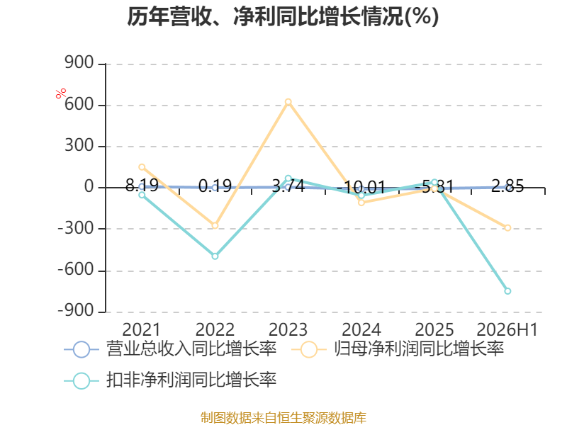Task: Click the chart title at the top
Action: click(x=283, y=17)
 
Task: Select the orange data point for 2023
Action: click(x=288, y=102)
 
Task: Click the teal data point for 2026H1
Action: click(x=507, y=291)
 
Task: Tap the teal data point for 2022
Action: click(x=215, y=256)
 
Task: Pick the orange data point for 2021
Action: click(x=142, y=167)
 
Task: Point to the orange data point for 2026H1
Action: click(x=507, y=228)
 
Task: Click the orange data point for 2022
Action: click(x=215, y=225)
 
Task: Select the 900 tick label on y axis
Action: click(x=79, y=63)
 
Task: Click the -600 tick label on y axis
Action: click(x=77, y=270)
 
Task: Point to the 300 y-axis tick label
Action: click(x=79, y=146)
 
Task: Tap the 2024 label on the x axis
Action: click(x=361, y=329)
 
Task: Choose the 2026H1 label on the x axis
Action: click(x=507, y=329)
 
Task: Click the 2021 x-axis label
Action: click(x=141, y=329)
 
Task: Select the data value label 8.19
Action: click(x=142, y=186)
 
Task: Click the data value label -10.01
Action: click(x=361, y=187)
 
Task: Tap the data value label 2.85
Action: click(x=507, y=186)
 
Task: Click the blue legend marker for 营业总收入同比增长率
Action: click(x=82, y=349)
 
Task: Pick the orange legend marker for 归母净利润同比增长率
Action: click(x=309, y=349)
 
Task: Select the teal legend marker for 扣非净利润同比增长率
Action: click(x=82, y=380)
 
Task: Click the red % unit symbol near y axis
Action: click(x=61, y=93)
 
